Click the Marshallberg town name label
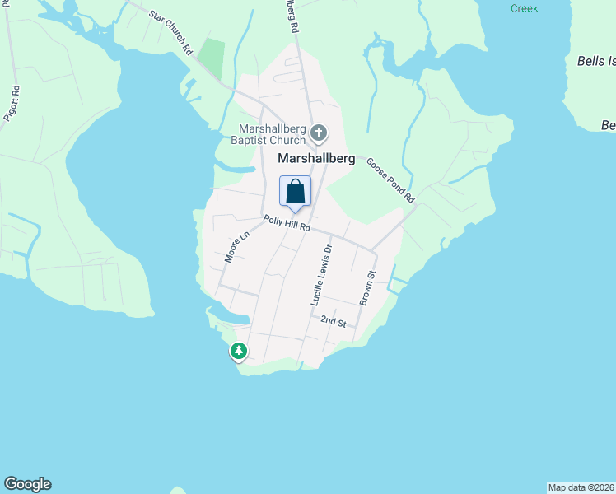[317, 159]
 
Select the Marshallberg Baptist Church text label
[272, 134]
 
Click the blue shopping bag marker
[296, 192]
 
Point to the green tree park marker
[239, 352]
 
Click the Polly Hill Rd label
[287, 223]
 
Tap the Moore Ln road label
[236, 247]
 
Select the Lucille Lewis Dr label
[321, 275]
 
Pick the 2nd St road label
[333, 320]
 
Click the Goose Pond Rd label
[390, 181]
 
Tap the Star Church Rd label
[170, 30]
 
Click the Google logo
[27, 484]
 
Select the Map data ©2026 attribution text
[581, 487]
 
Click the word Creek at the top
[524, 8]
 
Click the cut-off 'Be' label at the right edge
[608, 125]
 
